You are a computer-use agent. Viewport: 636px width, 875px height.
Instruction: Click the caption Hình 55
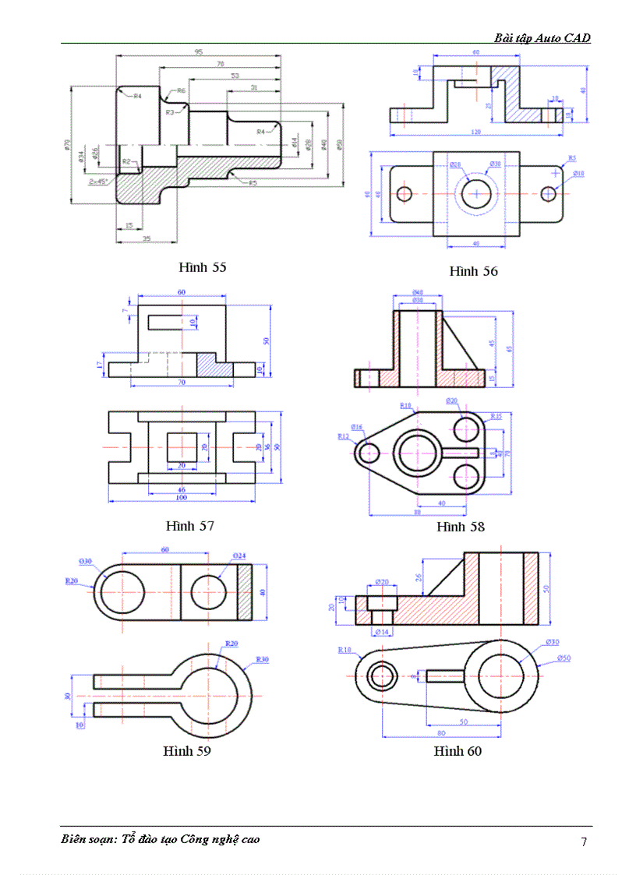(202, 267)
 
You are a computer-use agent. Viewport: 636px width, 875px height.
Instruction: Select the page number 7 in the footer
(584, 841)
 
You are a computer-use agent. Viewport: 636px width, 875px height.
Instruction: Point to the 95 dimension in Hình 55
(199, 52)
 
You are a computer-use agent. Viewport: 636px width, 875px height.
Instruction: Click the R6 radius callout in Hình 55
(181, 91)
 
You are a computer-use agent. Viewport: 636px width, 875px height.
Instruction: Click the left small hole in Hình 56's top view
(404, 193)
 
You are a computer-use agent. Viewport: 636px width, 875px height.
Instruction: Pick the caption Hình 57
(189, 526)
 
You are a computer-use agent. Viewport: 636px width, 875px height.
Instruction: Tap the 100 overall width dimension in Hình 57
(181, 497)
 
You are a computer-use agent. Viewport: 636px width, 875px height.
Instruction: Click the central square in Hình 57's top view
(182, 447)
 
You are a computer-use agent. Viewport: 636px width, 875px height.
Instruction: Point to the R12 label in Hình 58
(343, 437)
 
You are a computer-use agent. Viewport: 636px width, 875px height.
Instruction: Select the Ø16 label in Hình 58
(356, 427)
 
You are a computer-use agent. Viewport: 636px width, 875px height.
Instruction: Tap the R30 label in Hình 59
(263, 659)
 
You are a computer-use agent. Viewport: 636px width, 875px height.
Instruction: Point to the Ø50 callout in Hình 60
(564, 658)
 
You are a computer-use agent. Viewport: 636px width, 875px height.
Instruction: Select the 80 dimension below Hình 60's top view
(441, 733)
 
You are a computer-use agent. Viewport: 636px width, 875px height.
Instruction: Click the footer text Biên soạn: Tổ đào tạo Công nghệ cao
(161, 839)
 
